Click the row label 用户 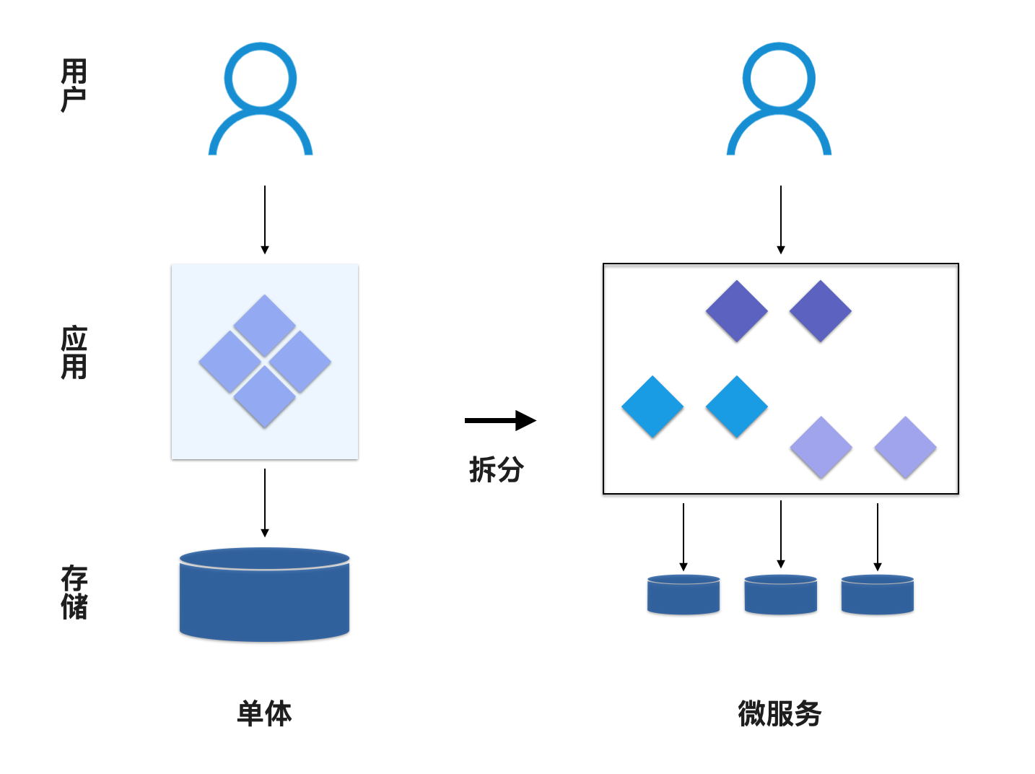point(74,85)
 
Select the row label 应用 point(74,352)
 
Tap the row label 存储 point(74,592)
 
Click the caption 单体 point(264,713)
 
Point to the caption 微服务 point(779,713)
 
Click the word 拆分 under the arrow point(497,469)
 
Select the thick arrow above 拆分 point(500,420)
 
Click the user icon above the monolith point(261,99)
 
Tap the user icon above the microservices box point(779,99)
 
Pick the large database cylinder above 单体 point(264,596)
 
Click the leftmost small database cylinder point(684,595)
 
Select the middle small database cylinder point(780,595)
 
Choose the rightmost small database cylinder point(877,595)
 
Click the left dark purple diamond point(736,311)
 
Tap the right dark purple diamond point(821,311)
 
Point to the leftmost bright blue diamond point(652,406)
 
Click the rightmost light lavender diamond point(905,447)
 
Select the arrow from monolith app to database point(265,503)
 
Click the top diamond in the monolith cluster point(265,325)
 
